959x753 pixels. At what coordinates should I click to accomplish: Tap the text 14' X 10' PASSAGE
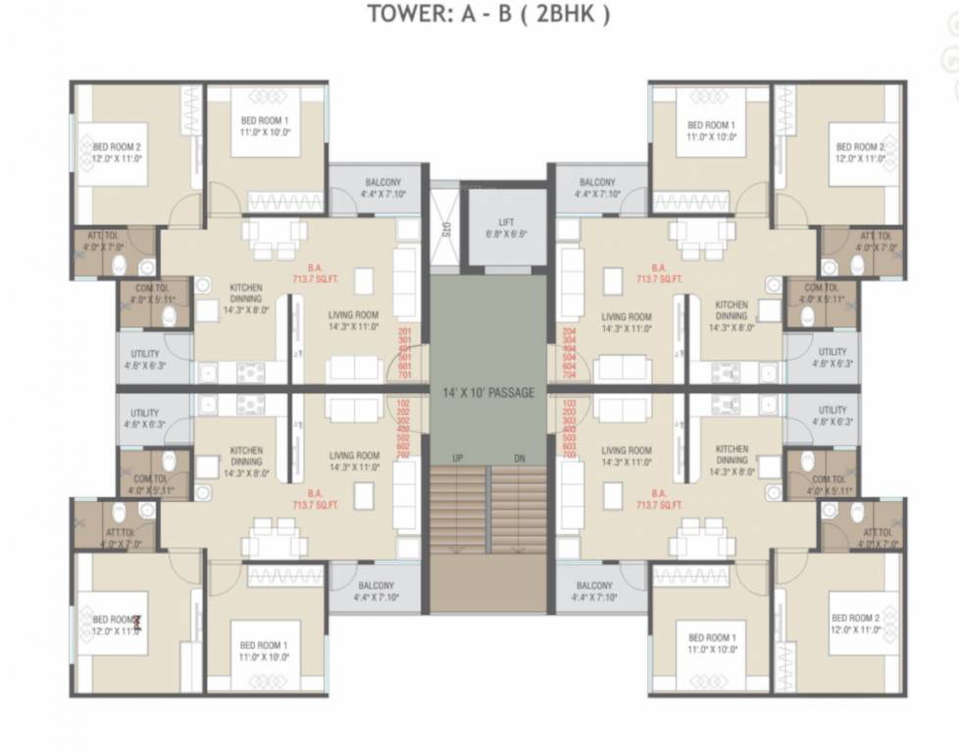488,393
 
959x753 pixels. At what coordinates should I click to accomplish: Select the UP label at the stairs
457,459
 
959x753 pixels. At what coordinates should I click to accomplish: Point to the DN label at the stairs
519,459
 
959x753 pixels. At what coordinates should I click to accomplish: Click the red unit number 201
404,333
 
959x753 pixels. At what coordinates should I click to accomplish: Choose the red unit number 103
570,402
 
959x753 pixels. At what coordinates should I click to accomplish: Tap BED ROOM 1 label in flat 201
265,121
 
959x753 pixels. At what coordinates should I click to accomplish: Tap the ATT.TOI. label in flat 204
875,236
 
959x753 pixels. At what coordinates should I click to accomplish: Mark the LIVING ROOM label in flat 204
627,317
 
